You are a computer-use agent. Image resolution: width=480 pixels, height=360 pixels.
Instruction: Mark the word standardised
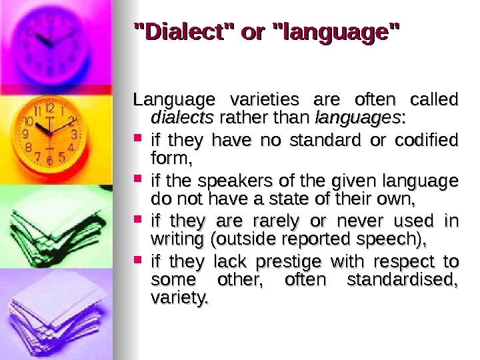pos(403,279)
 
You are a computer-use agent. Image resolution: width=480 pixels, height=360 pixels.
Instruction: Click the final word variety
pos(178,298)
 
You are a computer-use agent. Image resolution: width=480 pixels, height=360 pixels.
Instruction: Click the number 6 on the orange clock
pos(49,161)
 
